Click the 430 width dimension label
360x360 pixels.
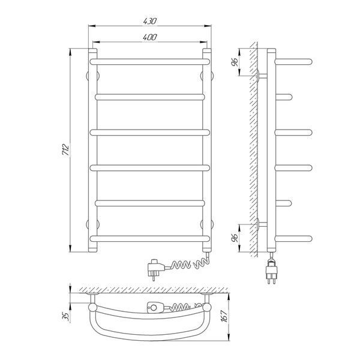149,21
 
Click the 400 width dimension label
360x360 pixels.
149,37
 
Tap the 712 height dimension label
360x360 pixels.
65,150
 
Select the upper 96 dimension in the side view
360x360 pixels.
235,62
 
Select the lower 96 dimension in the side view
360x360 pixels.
235,238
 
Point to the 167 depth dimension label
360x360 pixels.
224,316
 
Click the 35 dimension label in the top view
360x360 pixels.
66,316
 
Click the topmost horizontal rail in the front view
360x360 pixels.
149,62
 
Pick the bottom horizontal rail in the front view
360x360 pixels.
149,239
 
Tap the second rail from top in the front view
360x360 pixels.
149,97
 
